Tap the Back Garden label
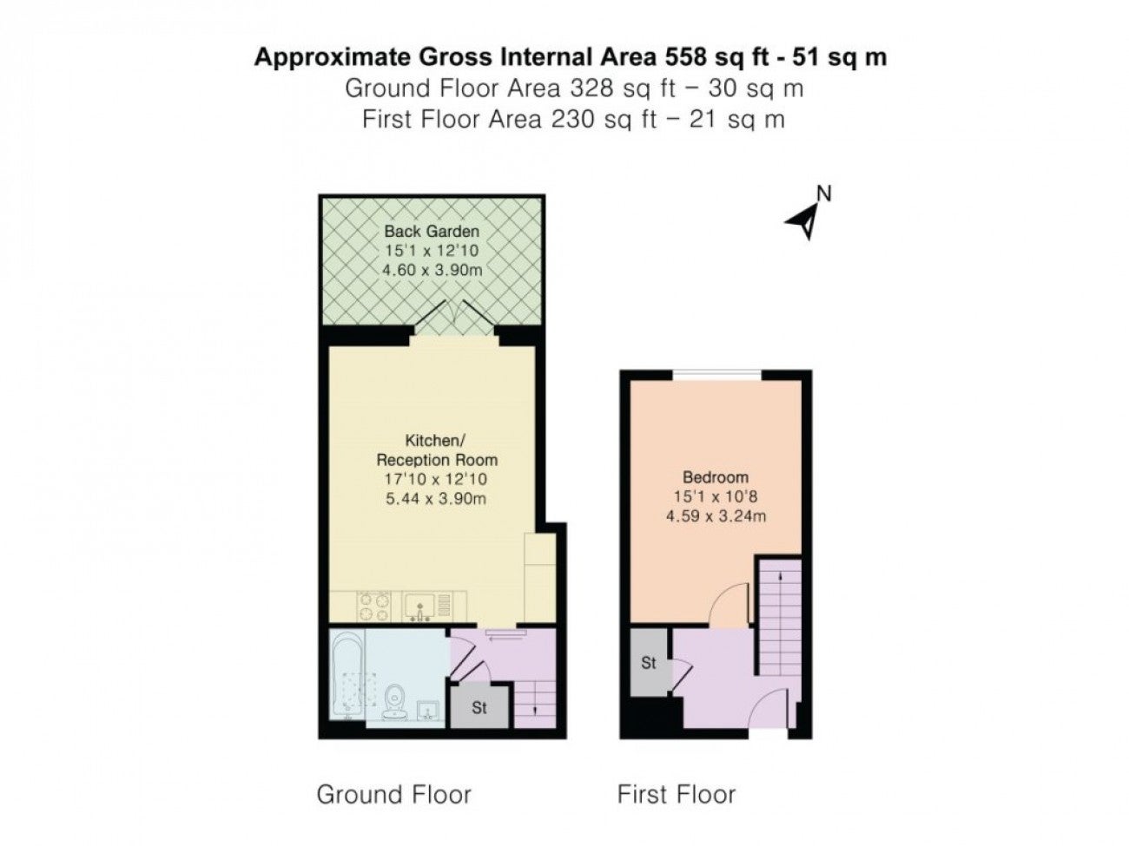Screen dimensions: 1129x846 click(431, 231)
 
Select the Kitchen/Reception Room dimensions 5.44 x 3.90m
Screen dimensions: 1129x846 click(435, 498)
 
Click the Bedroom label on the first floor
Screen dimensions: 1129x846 click(715, 477)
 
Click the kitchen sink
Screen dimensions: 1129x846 click(420, 607)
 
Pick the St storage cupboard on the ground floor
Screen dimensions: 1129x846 click(479, 708)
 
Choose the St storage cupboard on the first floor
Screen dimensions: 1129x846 click(649, 663)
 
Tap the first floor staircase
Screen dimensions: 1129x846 click(780, 616)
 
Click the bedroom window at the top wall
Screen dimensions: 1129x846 click(716, 376)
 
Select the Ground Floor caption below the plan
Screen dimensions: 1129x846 click(393, 794)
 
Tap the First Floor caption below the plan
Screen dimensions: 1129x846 click(676, 794)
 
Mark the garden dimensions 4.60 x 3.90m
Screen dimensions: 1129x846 click(432, 269)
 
